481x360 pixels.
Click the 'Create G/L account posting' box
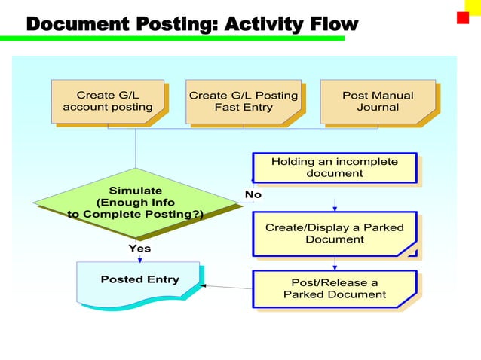(x=107, y=102)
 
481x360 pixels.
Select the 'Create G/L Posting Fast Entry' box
(x=243, y=102)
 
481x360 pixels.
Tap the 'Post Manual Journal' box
(x=378, y=102)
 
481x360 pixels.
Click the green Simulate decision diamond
(x=135, y=202)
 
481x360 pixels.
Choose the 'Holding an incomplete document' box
(x=334, y=167)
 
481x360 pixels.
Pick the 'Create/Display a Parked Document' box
(x=334, y=233)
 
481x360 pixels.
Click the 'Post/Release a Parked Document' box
(x=334, y=288)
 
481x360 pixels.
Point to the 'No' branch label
(x=253, y=194)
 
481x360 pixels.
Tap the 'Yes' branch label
(x=139, y=248)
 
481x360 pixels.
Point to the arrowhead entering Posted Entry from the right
(x=204, y=286)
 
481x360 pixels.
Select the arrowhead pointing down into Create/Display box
(x=335, y=209)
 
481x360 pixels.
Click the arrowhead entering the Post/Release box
(x=335, y=267)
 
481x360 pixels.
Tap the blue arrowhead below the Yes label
(x=139, y=259)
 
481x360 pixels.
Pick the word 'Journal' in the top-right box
(x=378, y=108)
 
